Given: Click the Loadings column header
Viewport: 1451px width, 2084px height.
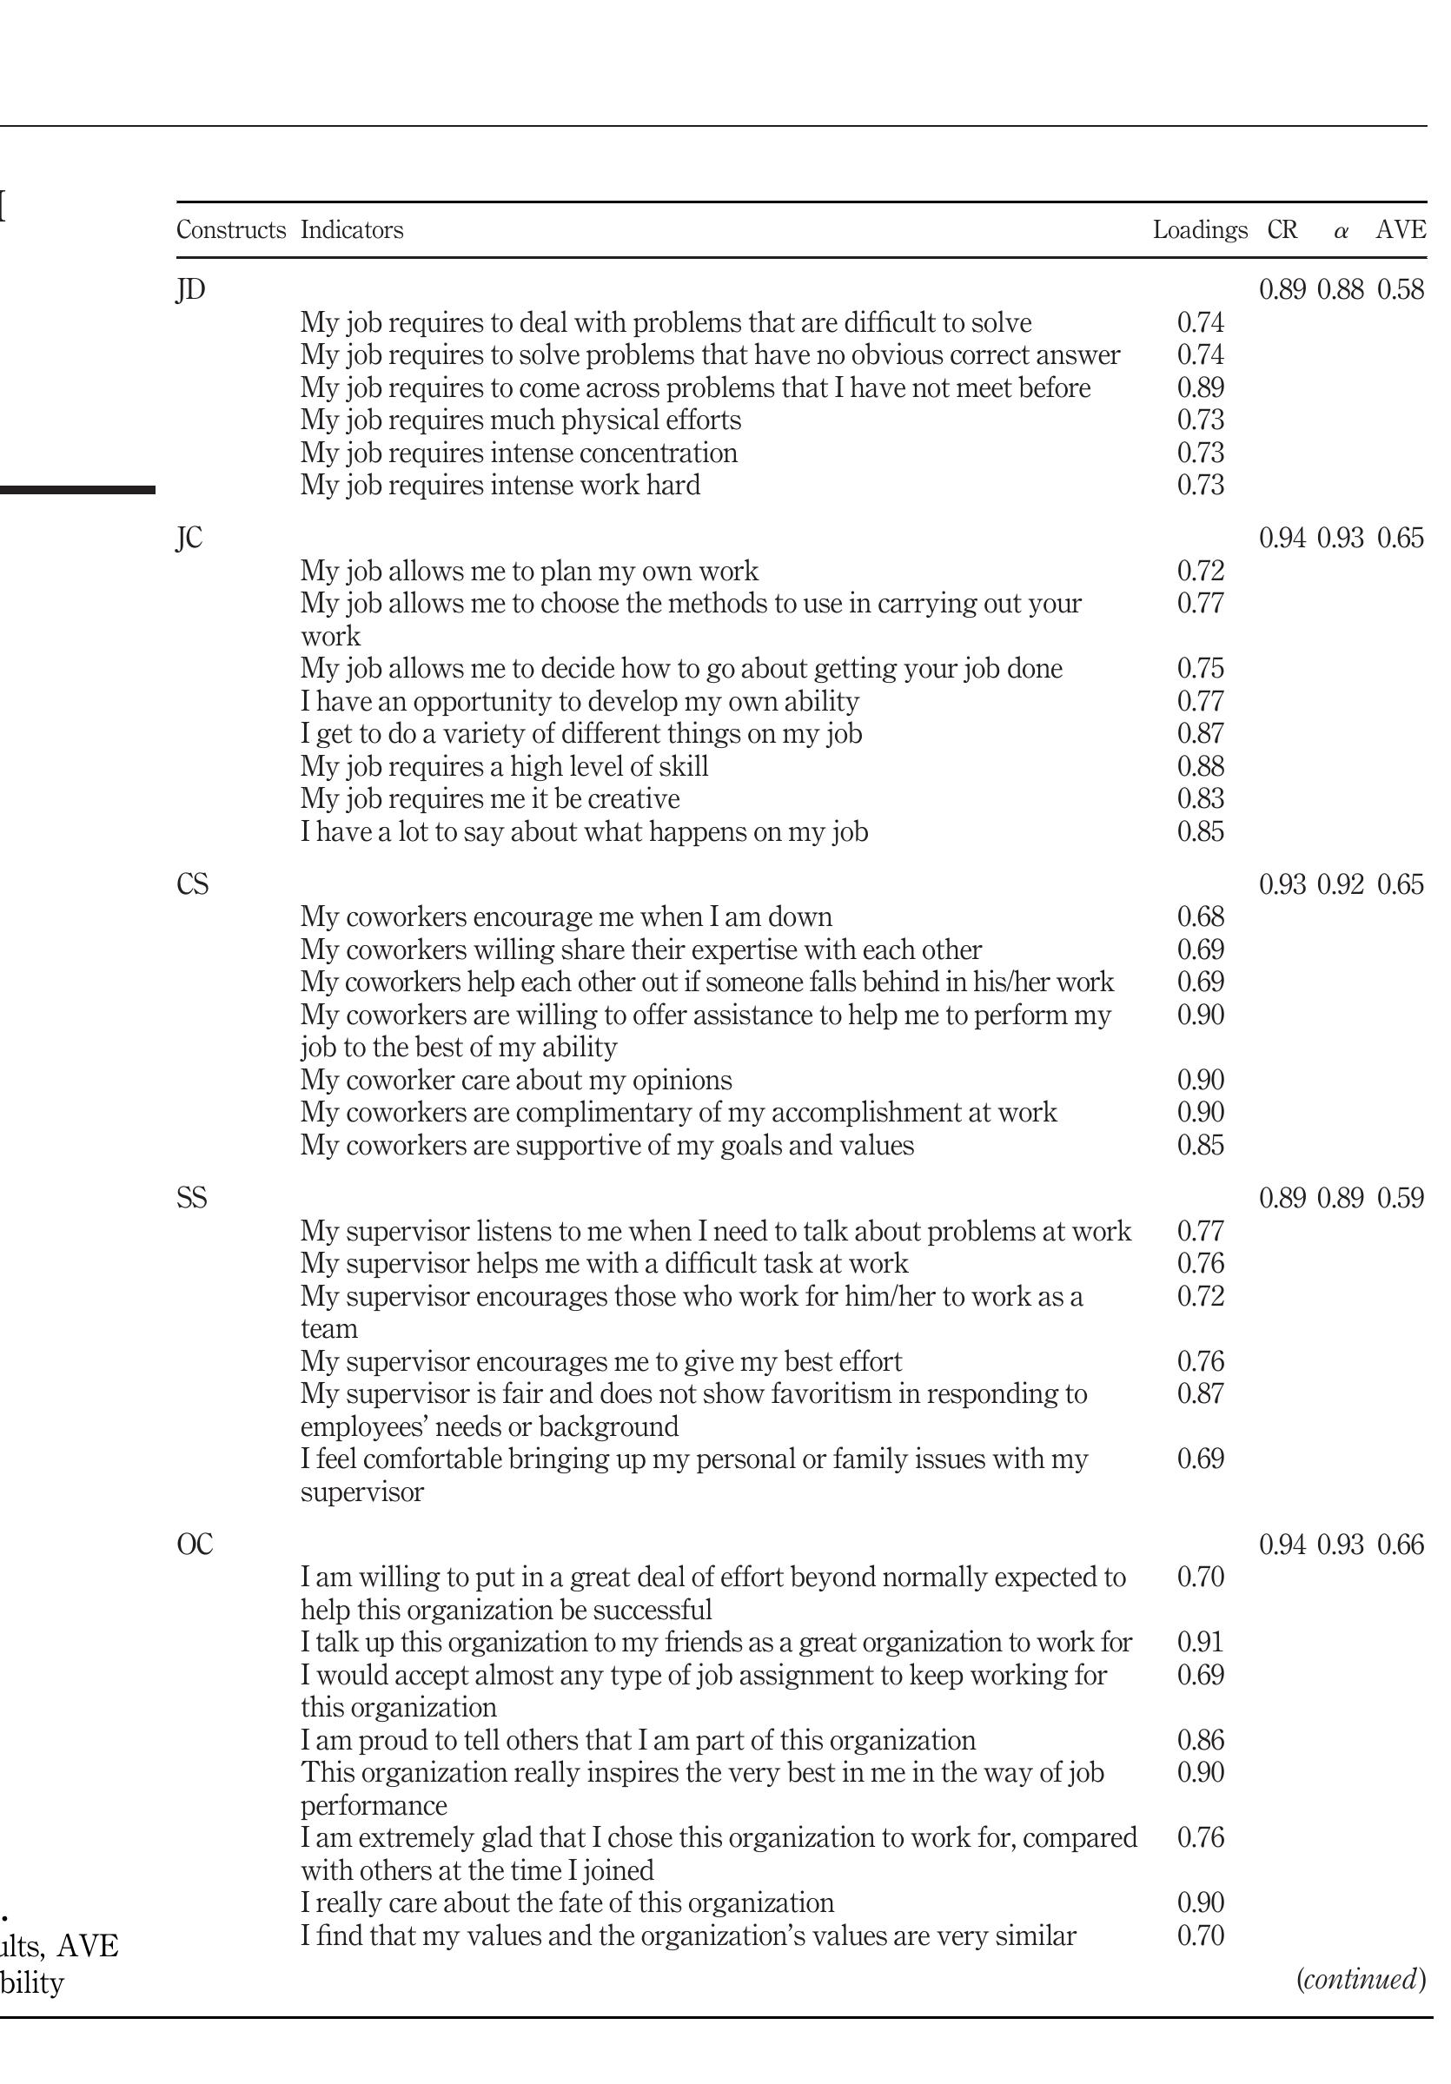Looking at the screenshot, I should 1200,229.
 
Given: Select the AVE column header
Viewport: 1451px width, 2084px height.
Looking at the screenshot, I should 1400,229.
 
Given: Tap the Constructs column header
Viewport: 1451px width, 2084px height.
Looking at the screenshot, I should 230,229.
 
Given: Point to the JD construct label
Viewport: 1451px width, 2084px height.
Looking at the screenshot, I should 190,289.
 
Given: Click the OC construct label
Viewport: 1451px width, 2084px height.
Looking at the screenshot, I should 195,1544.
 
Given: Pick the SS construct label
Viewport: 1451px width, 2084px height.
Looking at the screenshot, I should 192,1198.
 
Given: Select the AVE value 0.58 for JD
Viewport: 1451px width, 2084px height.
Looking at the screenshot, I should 1400,289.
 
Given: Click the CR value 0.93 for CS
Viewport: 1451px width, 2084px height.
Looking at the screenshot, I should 1282,884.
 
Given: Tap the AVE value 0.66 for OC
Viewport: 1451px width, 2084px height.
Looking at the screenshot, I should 1400,1544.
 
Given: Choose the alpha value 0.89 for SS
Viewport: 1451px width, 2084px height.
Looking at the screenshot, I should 1341,1198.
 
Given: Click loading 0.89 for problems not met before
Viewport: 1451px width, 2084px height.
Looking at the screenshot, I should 1201,387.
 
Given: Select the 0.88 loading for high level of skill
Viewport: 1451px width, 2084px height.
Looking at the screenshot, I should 1201,766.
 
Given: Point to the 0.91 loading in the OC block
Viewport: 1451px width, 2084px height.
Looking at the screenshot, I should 1201,1642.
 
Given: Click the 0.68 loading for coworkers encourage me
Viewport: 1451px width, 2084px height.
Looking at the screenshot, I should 1201,916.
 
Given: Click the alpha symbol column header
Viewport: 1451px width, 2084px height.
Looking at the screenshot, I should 1342,231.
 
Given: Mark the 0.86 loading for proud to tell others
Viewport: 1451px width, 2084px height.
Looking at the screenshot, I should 1201,1740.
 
